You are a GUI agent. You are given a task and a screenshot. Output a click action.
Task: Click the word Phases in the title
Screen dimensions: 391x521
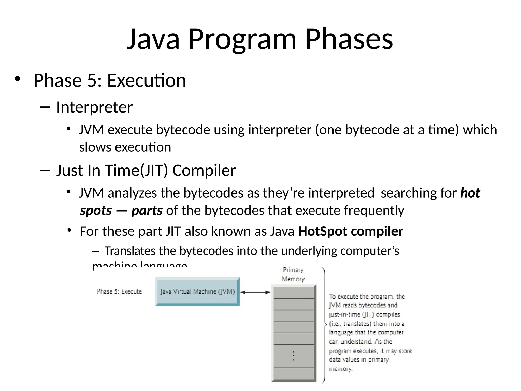pyautogui.click(x=349, y=39)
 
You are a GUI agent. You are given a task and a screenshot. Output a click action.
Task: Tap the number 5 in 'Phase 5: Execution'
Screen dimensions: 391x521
pyautogui.click(x=91, y=80)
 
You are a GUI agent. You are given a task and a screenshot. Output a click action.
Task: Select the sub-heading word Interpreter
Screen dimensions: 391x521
pyautogui.click(x=94, y=107)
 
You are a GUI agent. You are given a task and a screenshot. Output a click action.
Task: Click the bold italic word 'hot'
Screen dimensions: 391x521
pyautogui.click(x=470, y=193)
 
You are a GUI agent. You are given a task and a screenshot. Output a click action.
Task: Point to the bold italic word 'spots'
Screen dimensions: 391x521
pyautogui.click(x=96, y=211)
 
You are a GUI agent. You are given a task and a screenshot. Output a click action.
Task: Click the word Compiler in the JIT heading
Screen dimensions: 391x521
pyautogui.click(x=204, y=170)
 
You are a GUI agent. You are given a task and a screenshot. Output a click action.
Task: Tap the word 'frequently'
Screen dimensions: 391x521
pyautogui.click(x=374, y=211)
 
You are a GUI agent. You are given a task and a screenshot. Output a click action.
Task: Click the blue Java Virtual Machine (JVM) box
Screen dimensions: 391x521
pyautogui.click(x=197, y=292)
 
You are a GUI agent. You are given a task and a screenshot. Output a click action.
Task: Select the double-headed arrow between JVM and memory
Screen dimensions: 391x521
pyautogui.click(x=255, y=292)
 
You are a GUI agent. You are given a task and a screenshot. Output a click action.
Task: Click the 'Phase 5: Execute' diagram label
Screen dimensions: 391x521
pyautogui.click(x=119, y=292)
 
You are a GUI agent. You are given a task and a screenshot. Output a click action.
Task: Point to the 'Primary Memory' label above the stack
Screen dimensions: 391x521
pyautogui.click(x=293, y=274)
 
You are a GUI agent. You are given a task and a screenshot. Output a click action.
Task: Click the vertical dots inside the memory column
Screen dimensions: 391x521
pyautogui.click(x=293, y=356)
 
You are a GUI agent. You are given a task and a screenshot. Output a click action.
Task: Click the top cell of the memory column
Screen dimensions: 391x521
pyautogui.click(x=294, y=292)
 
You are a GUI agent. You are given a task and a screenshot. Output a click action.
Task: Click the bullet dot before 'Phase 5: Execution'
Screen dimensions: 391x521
pyautogui.click(x=17, y=79)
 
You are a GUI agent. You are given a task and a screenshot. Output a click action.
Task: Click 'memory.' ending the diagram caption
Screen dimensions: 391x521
pyautogui.click(x=341, y=369)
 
